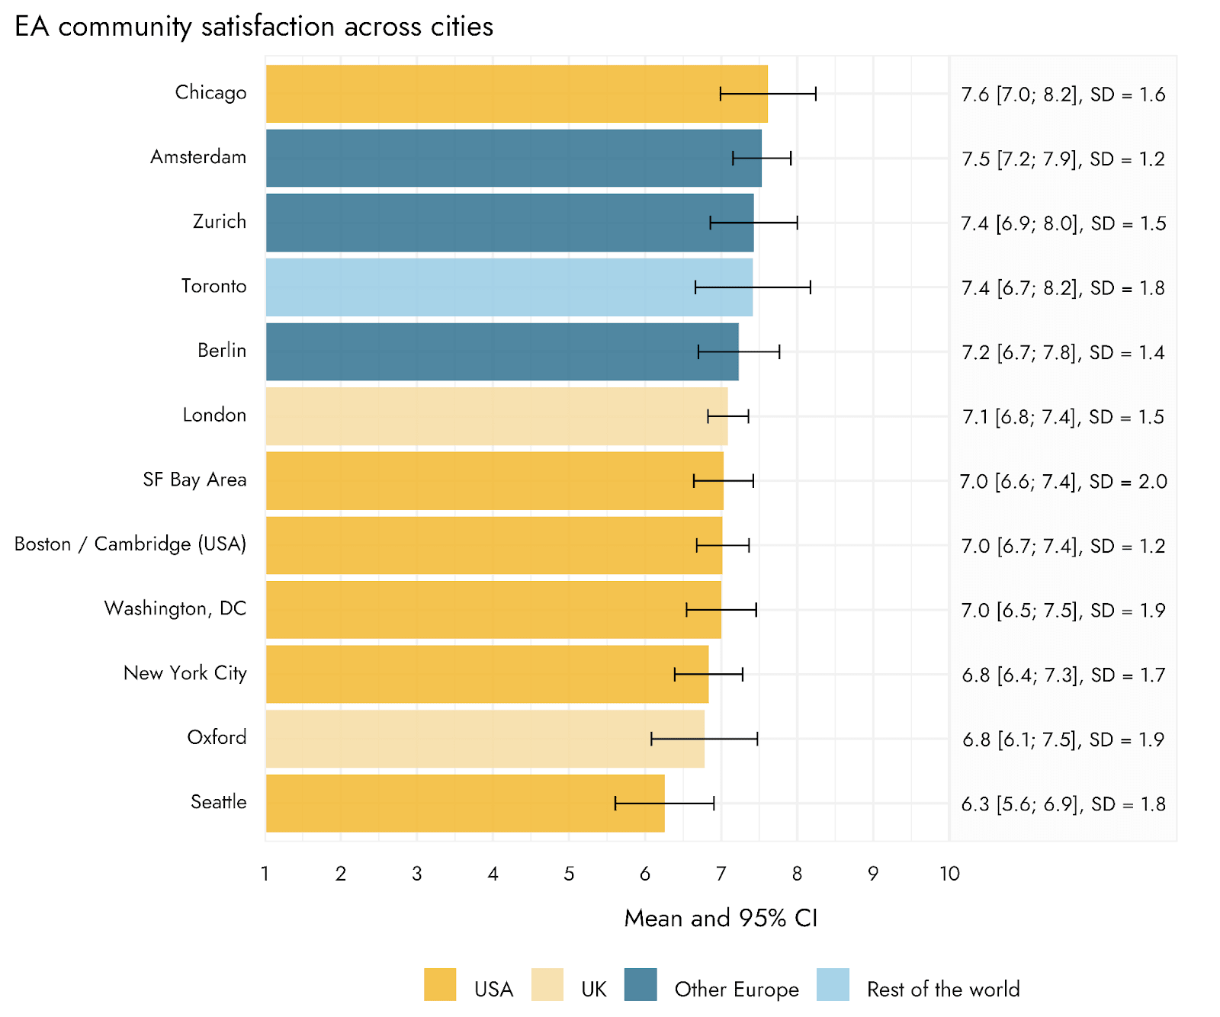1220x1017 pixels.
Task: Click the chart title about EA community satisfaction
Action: (254, 27)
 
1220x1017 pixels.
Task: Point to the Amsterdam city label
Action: (198, 157)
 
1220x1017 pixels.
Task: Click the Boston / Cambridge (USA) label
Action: (130, 544)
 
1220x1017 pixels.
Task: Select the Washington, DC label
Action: (175, 608)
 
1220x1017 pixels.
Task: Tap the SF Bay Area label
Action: (194, 480)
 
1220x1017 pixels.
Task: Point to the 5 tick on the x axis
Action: (569, 874)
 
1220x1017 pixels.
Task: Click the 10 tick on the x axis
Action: (949, 874)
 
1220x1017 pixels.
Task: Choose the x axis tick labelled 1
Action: (265, 874)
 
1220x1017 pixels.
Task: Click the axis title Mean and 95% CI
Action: (721, 918)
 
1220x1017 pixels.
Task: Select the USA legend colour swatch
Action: (440, 984)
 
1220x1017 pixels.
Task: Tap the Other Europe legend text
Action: (737, 990)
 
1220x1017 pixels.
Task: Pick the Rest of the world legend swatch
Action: (833, 984)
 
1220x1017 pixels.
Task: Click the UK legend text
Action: (594, 990)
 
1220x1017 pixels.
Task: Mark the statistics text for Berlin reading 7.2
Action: (1063, 353)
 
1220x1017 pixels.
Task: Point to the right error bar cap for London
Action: (748, 416)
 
